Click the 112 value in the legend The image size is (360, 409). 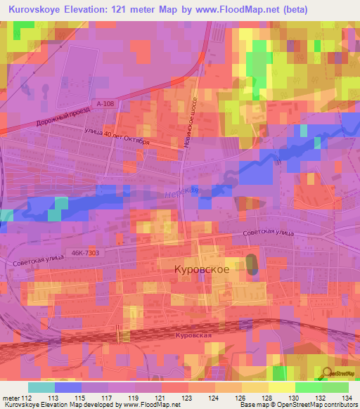click(27, 397)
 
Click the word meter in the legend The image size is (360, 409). click(10, 397)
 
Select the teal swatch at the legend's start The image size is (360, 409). click(41, 387)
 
